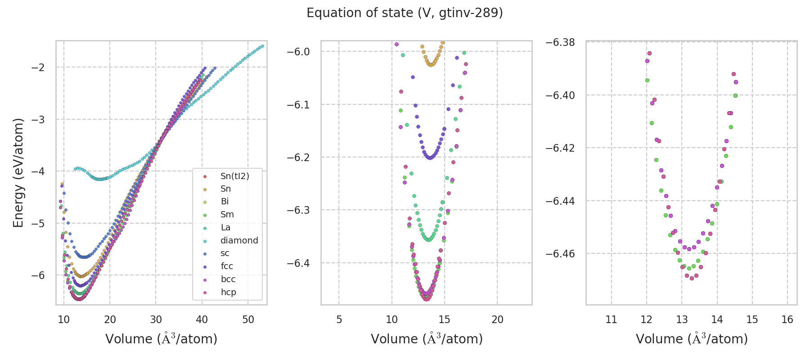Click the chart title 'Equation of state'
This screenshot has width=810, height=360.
coord(405,13)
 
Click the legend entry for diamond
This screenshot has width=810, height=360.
coord(239,240)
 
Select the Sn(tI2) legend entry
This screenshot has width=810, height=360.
coord(234,176)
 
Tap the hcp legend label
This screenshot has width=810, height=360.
coord(228,292)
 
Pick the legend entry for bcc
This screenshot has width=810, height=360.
coord(228,279)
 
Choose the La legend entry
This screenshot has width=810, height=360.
coord(225,227)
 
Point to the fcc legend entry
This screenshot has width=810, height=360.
coord(227,266)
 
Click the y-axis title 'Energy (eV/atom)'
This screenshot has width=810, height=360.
coord(18,173)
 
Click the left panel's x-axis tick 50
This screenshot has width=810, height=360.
coord(248,319)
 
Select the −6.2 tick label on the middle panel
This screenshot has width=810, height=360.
coord(298,157)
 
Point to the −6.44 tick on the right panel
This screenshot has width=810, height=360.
coord(560,201)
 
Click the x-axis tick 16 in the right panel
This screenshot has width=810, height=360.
coord(787,319)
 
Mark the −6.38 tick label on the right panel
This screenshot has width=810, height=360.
coord(560,42)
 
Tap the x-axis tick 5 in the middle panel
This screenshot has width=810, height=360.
coord(339,319)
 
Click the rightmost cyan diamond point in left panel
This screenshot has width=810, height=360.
coord(262,46)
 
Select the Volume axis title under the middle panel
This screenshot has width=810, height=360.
coord(427,339)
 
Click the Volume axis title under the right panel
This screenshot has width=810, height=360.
coord(692,339)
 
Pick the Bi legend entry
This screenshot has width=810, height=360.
coord(225,202)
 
